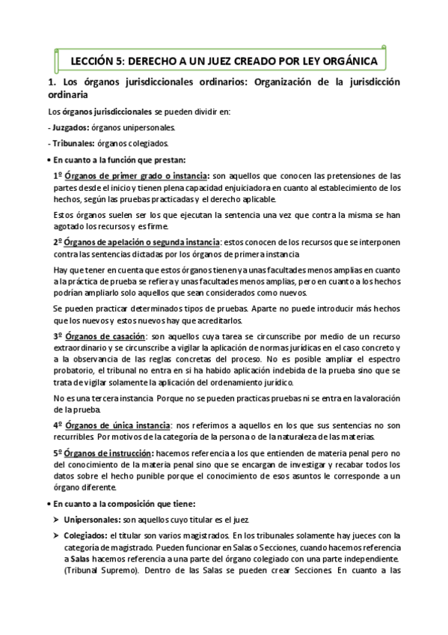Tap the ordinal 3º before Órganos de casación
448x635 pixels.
click(58, 336)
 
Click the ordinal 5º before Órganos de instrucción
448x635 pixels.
click(58, 453)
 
